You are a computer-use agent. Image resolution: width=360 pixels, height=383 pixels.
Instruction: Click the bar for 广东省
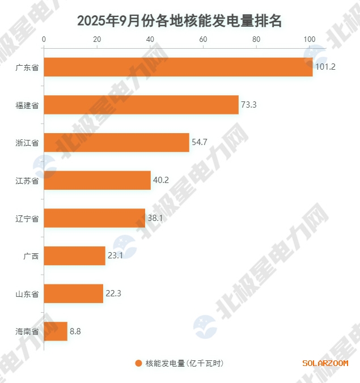click(x=178, y=67)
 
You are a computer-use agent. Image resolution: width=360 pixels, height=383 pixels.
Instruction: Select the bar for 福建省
click(x=141, y=105)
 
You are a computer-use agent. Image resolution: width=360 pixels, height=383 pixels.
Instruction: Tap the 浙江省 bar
click(x=116, y=142)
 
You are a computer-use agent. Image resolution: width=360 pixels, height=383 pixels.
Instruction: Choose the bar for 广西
click(x=75, y=256)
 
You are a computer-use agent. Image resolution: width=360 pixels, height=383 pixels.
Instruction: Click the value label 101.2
click(x=326, y=67)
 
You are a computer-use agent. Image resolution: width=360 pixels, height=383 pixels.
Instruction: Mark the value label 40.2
click(x=160, y=180)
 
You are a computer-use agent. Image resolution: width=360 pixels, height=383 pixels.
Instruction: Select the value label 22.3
click(x=113, y=293)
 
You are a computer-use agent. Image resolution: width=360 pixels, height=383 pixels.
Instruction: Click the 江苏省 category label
click(x=27, y=181)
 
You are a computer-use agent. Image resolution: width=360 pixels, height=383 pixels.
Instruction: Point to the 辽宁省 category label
click(x=27, y=218)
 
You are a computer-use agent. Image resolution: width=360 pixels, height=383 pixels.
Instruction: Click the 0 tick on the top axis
click(x=44, y=40)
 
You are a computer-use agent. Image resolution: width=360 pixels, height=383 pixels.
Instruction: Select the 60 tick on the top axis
click(x=203, y=40)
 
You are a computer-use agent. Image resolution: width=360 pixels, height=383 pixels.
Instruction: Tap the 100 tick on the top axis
click(x=309, y=40)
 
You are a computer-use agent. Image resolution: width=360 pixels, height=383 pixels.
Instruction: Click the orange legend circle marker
click(x=138, y=363)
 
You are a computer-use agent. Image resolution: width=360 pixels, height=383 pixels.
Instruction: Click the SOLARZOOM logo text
click(x=325, y=363)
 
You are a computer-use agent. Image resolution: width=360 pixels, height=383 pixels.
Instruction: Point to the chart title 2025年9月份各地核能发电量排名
click(x=180, y=21)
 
